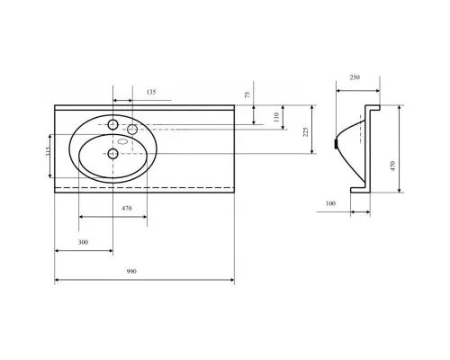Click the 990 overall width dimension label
click(131, 272)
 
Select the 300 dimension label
click(83, 242)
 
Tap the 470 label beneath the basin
click(127, 208)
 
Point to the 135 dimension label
click(151, 92)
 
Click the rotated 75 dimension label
click(247, 95)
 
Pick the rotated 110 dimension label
click(276, 117)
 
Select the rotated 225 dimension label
click(305, 132)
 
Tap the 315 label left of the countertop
click(48, 151)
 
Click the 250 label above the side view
click(355, 77)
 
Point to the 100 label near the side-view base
click(330, 203)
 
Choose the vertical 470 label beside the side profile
click(392, 166)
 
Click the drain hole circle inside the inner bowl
click(112, 154)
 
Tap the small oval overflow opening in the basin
click(123, 141)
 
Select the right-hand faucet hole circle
click(132, 130)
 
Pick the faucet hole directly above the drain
click(112, 124)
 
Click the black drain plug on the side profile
click(336, 144)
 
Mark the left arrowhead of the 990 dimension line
click(57, 280)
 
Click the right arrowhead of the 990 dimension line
click(232, 280)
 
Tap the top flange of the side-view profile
click(373, 107)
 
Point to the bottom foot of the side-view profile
click(360, 190)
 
